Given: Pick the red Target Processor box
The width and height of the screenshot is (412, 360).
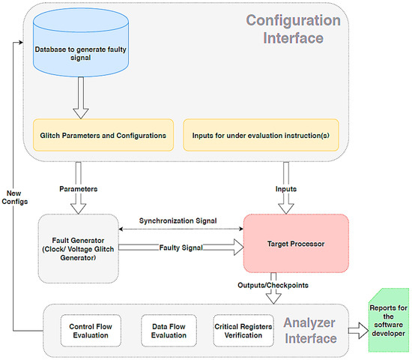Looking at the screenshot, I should tap(296, 244).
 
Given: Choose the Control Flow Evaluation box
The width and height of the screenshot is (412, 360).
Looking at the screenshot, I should tap(91, 331).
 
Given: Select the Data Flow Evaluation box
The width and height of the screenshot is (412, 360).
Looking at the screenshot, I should tap(168, 331).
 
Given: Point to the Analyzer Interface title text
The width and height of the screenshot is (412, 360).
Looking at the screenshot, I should tap(309, 331).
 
